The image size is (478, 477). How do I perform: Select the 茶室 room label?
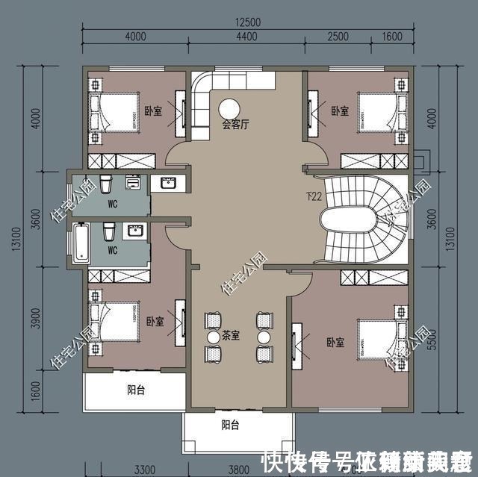tap(231, 337)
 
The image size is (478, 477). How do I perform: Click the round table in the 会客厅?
tap(229, 107)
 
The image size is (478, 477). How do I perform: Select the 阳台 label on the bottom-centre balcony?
tap(231, 425)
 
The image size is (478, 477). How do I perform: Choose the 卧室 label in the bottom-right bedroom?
tap(335, 343)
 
